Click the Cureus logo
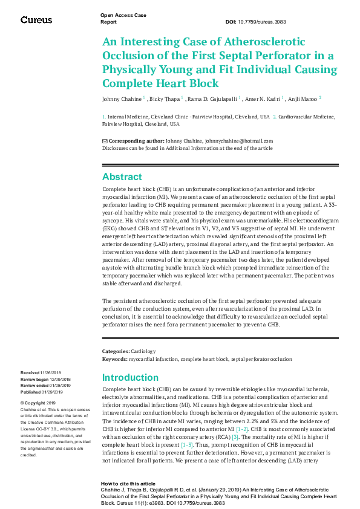(36, 20)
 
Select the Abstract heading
(122, 177)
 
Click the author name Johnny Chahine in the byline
(122, 98)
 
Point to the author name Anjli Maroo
(304, 98)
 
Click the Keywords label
(115, 359)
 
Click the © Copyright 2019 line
(38, 403)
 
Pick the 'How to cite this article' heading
(128, 484)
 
